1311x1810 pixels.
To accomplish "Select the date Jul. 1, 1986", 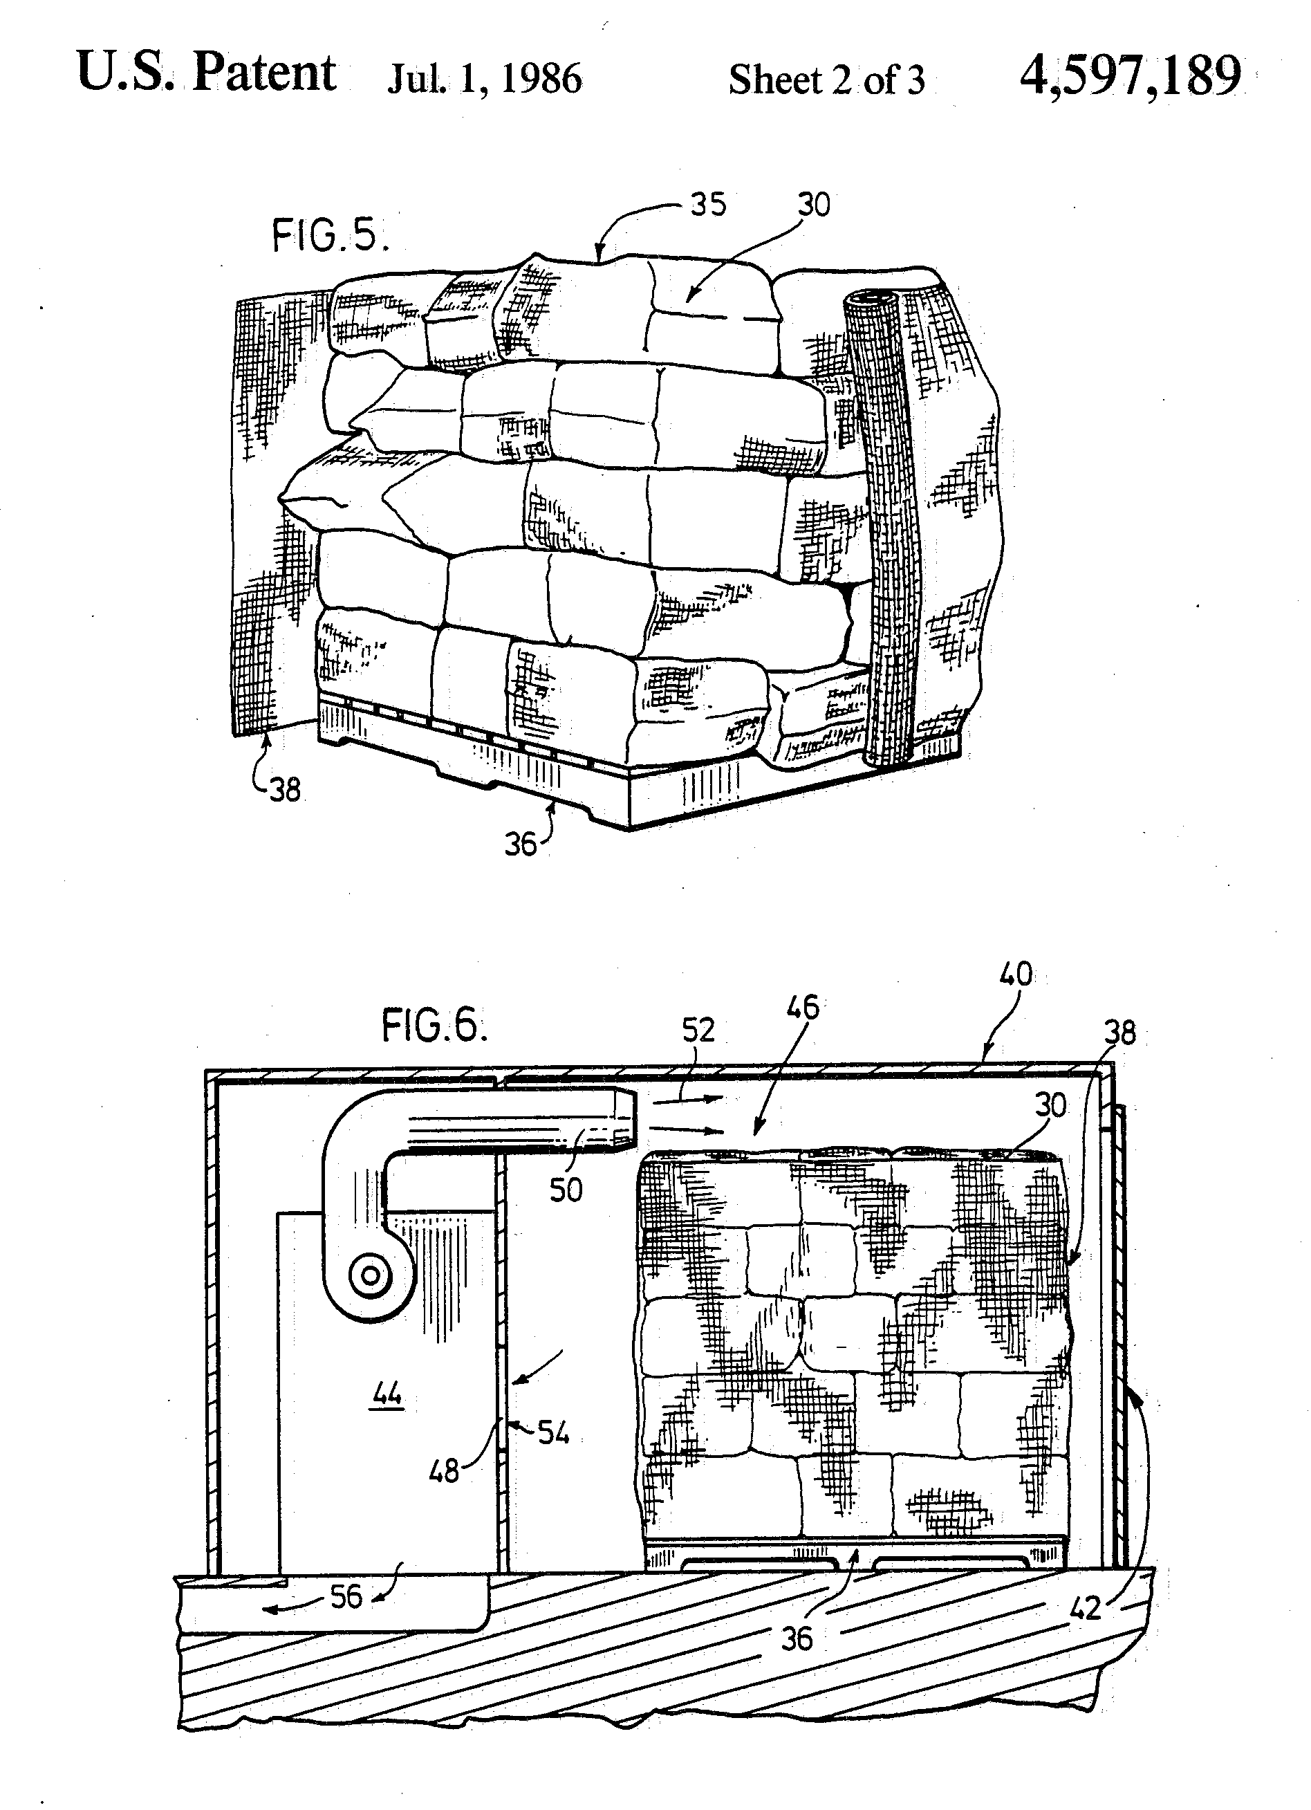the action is pyautogui.click(x=484, y=80).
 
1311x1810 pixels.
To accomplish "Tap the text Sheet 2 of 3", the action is pyautogui.click(x=827, y=80).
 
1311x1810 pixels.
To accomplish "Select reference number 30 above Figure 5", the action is pyautogui.click(x=814, y=205).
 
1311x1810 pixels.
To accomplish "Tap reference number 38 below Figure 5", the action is pyautogui.click(x=285, y=790).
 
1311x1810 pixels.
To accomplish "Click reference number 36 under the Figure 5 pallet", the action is pyautogui.click(x=521, y=844).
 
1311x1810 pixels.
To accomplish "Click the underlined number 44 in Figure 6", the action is pyautogui.click(x=388, y=1395).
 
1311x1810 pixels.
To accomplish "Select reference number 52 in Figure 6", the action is pyautogui.click(x=698, y=1031).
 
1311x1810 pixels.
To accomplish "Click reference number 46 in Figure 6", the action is pyautogui.click(x=803, y=1007).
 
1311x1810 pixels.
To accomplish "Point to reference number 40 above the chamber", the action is pyautogui.click(x=1016, y=974).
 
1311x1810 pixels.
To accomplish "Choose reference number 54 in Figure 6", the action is pyautogui.click(x=553, y=1432).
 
